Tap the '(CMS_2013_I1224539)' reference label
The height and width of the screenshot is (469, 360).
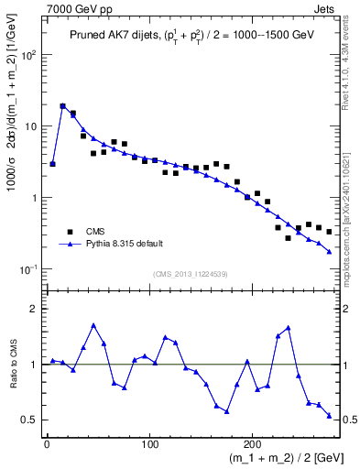[x=189, y=273]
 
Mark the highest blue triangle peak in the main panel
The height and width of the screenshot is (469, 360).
[x=63, y=106]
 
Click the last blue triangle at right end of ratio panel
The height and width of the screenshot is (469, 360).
[x=329, y=416]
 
